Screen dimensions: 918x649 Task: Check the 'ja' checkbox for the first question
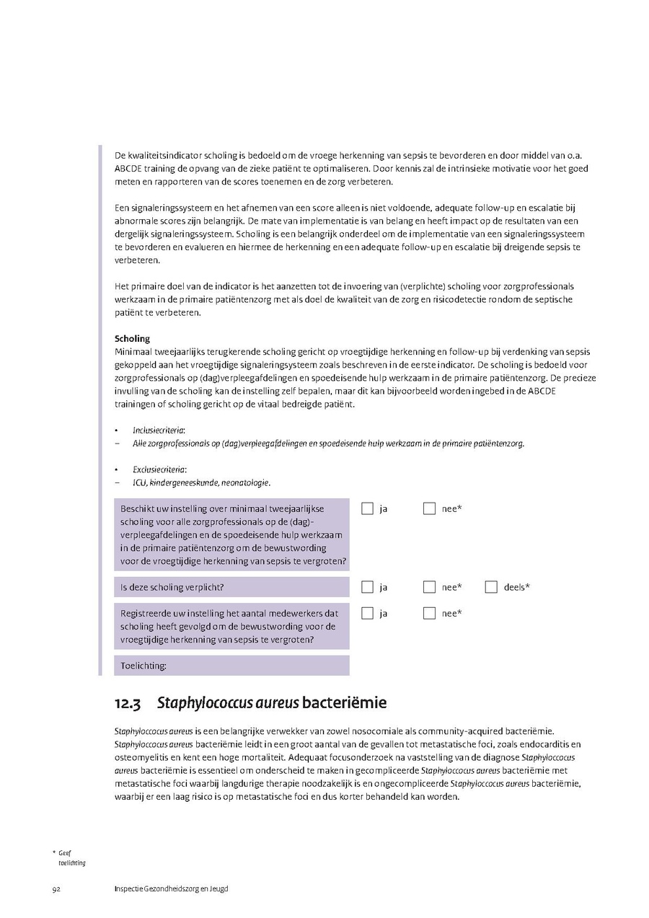tap(367, 508)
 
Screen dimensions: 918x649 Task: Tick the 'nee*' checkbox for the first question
tap(429, 508)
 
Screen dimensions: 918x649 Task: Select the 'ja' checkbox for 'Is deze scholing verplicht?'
tap(367, 587)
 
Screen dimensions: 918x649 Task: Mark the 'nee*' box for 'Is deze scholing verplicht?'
tap(429, 587)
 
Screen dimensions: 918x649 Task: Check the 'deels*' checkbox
tap(491, 587)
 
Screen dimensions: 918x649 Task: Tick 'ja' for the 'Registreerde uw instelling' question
tap(367, 613)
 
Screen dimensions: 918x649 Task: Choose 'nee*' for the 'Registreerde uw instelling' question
tap(429, 613)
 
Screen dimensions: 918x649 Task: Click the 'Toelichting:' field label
tap(144, 666)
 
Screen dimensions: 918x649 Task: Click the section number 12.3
tap(127, 703)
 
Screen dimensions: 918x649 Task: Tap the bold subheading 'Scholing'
tap(132, 338)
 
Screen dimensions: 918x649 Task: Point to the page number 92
tap(56, 888)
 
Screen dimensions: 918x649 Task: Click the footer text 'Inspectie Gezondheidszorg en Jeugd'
tap(171, 888)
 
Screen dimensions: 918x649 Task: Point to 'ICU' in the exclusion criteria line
tap(139, 482)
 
